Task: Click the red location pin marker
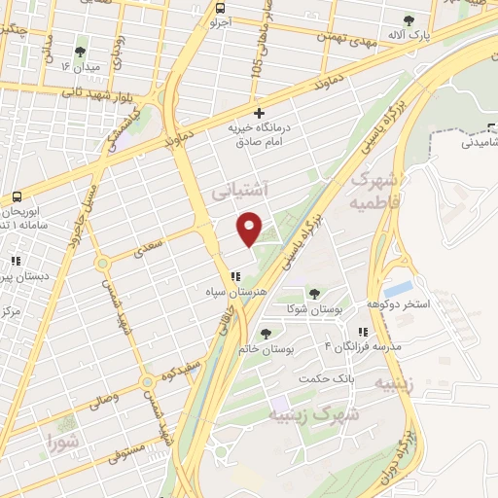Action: [251, 228]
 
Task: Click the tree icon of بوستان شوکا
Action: [313, 292]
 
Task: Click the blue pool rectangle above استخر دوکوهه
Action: [397, 289]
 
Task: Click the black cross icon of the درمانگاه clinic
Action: [259, 114]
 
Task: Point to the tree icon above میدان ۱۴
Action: [80, 52]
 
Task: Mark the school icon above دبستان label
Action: [16, 261]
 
